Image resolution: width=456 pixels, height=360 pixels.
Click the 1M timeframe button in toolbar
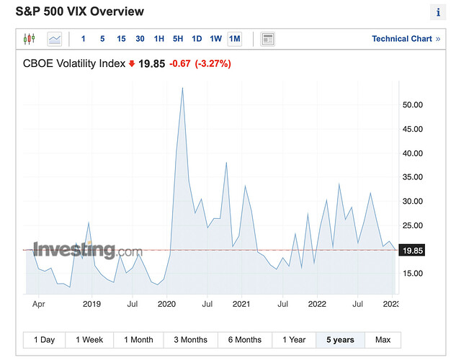click(x=234, y=38)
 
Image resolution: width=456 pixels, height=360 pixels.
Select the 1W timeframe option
click(x=215, y=38)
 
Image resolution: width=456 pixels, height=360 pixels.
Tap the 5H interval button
click(x=178, y=38)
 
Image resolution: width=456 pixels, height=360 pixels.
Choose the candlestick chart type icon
click(x=29, y=38)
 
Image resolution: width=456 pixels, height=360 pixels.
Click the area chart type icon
click(x=55, y=38)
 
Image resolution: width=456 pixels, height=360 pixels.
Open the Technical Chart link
click(x=406, y=39)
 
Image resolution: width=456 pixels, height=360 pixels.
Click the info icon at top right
click(x=439, y=12)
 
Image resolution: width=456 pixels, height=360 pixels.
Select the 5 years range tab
click(x=340, y=339)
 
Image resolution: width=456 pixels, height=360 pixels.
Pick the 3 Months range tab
click(x=190, y=339)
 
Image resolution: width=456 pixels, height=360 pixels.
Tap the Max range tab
click(x=383, y=339)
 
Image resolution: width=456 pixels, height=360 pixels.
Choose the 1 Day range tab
click(x=44, y=339)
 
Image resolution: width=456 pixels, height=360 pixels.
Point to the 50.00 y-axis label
click(x=411, y=104)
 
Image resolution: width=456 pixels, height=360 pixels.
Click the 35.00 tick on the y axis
click(x=411, y=177)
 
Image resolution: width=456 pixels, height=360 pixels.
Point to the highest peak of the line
click(x=182, y=88)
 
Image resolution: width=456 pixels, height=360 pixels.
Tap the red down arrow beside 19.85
click(x=132, y=63)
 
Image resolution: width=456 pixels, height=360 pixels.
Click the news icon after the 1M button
click(x=268, y=38)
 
